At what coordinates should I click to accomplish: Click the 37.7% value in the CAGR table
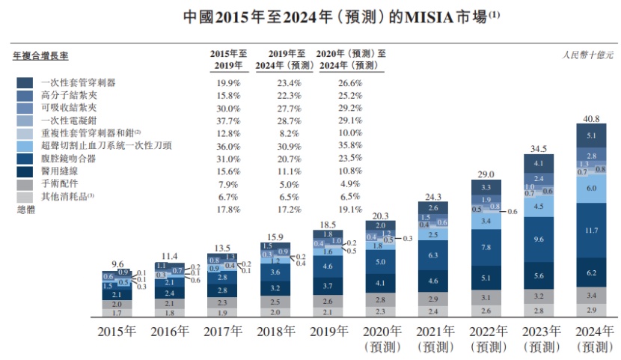tap(227, 120)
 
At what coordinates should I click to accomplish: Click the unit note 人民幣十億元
tap(588, 55)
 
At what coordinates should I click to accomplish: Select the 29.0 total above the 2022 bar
tap(486, 174)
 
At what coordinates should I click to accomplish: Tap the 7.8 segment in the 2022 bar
tap(486, 248)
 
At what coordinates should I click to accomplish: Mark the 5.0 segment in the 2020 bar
tap(379, 262)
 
